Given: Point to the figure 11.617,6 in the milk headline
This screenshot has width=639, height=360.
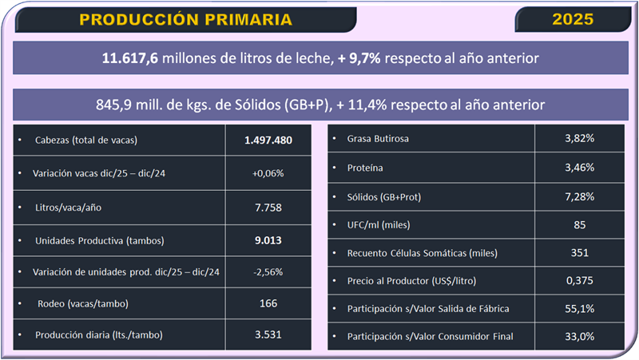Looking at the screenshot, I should [x=132, y=58].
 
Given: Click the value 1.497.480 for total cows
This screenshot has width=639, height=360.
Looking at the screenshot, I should [x=268, y=140].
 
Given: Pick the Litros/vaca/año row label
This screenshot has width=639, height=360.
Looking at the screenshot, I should [x=70, y=207].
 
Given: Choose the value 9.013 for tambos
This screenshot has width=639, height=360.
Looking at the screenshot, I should [x=268, y=239].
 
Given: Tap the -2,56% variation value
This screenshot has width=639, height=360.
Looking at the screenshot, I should [x=268, y=271].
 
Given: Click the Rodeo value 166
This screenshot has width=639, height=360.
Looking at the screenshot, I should [x=268, y=303].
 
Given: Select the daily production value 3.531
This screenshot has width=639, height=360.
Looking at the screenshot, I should [x=268, y=335].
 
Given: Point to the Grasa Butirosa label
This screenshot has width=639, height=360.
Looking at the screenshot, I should [x=378, y=139].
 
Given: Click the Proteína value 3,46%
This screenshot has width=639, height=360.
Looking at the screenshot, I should [x=579, y=168].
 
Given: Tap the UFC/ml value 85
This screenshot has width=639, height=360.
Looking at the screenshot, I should [x=579, y=225].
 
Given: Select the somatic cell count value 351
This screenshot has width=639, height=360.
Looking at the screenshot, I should [x=579, y=253].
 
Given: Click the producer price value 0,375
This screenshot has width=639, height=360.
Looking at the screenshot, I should [x=579, y=280].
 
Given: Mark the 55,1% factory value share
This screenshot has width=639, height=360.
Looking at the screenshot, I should [x=579, y=308].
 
